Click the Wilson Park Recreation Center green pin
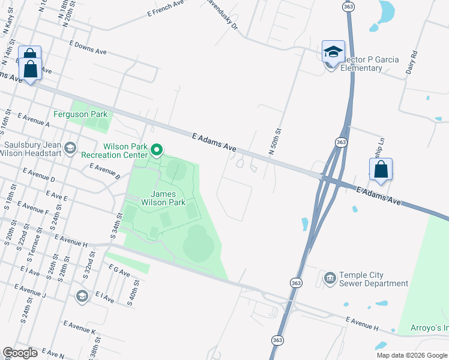click(x=157, y=149)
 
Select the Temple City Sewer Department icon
click(x=330, y=278)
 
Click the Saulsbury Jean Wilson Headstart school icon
click(x=70, y=148)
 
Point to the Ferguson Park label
click(x=80, y=114)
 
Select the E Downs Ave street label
click(x=88, y=48)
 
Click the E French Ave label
click(x=165, y=8)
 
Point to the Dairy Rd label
click(x=412, y=62)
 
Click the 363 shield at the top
click(x=348, y=6)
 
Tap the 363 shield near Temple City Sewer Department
click(x=295, y=282)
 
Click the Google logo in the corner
click(x=20, y=353)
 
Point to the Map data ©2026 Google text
click(x=412, y=355)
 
